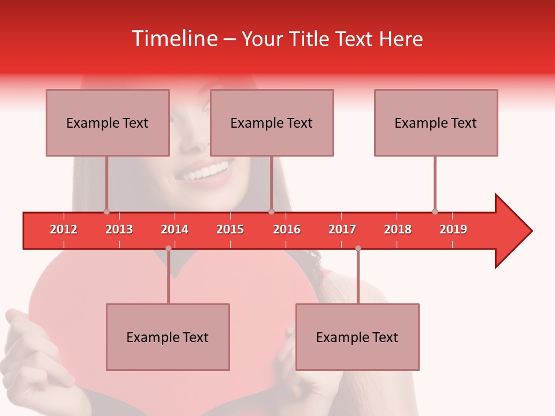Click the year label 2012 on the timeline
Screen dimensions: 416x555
point(64,229)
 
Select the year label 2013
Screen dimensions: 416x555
point(119,229)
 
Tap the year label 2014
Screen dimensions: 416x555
point(175,229)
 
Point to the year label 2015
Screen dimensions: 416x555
point(230,229)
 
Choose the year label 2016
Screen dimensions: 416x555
point(287,229)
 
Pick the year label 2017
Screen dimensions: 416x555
point(342,229)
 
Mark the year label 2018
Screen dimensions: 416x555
point(398,229)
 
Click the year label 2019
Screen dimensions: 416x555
point(453,229)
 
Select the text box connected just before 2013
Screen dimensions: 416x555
point(108,122)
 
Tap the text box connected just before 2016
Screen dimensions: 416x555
point(272,122)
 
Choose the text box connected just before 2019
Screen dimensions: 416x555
point(436,122)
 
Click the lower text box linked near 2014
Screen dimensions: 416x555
point(168,337)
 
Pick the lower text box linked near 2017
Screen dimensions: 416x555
point(357,337)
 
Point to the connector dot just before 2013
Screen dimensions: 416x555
point(106,211)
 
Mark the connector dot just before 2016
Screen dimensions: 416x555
point(271,211)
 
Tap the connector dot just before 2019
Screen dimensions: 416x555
point(435,211)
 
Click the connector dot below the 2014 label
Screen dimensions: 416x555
point(168,248)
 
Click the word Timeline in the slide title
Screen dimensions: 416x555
point(173,39)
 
